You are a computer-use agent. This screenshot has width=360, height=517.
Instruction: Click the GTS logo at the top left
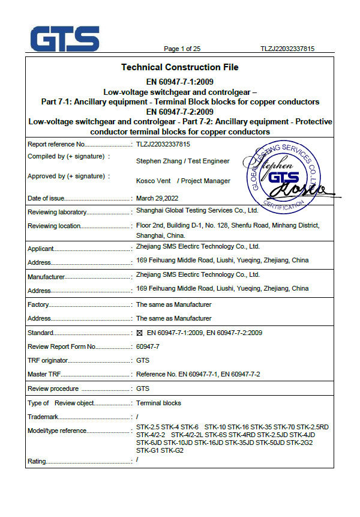(x=65, y=39)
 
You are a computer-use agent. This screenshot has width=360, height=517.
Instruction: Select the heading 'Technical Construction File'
(x=179, y=67)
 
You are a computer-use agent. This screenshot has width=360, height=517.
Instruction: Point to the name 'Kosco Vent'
(x=154, y=181)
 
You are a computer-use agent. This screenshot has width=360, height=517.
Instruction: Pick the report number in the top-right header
(x=287, y=49)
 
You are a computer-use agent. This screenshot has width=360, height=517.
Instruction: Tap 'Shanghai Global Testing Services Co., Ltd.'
(x=197, y=211)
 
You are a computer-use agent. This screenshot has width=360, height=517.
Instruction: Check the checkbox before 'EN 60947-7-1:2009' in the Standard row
(x=139, y=332)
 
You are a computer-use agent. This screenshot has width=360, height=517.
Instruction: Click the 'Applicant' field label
(x=41, y=249)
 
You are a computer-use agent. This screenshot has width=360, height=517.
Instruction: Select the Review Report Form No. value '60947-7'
(x=148, y=346)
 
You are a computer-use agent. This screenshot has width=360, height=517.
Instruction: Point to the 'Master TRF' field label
(x=44, y=375)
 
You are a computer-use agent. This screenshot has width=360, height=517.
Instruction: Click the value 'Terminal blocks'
(x=158, y=403)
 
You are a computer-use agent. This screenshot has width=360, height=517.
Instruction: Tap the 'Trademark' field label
(x=43, y=417)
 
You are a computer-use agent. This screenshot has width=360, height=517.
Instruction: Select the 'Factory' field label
(x=38, y=305)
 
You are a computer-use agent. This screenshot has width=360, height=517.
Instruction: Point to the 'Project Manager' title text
(x=205, y=181)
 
